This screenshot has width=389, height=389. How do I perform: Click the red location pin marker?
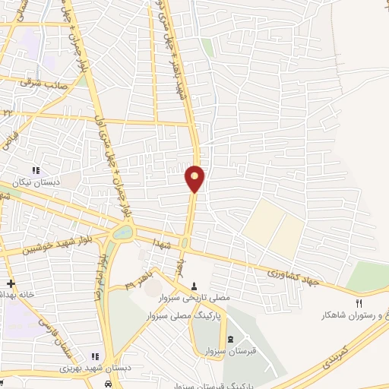point(195,178)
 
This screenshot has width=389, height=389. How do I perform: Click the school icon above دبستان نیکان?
point(34,170)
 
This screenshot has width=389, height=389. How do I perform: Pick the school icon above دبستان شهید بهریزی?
point(95,356)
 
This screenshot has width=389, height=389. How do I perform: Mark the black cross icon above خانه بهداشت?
point(10,283)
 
